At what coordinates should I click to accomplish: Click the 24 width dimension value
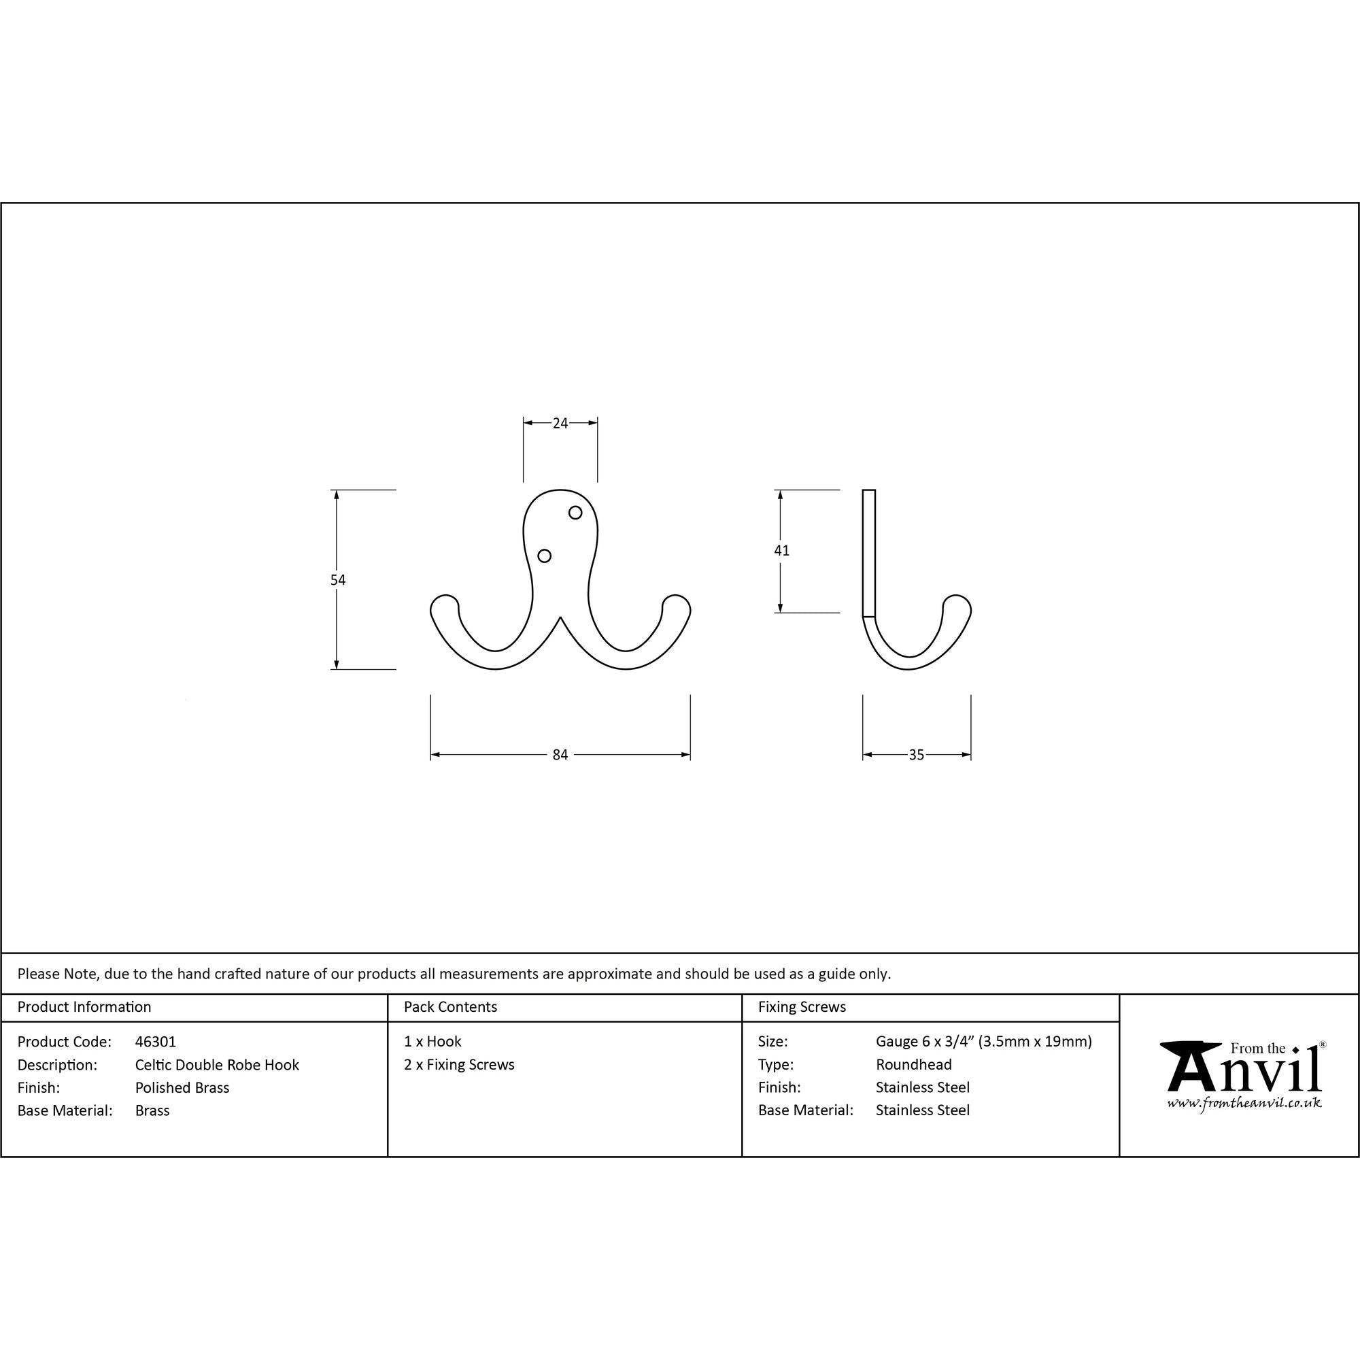560,423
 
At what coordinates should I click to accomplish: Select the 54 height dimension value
338,579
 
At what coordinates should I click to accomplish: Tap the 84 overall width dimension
560,755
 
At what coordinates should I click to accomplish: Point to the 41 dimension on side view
781,551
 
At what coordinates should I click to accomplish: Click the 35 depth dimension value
916,755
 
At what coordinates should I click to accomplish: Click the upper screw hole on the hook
575,513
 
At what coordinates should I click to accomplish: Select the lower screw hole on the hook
544,556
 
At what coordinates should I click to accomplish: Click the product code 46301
156,1041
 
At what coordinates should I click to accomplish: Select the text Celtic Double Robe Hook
217,1064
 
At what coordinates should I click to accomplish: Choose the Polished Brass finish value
182,1087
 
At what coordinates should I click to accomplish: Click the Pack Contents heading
451,1006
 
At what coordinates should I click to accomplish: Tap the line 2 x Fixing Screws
459,1064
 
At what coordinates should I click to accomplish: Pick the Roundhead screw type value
914,1064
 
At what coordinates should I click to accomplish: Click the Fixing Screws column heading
802,1006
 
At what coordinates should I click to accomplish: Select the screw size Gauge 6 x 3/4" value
983,1041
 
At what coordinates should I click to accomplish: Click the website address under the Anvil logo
1244,1103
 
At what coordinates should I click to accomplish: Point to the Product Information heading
84,1006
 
